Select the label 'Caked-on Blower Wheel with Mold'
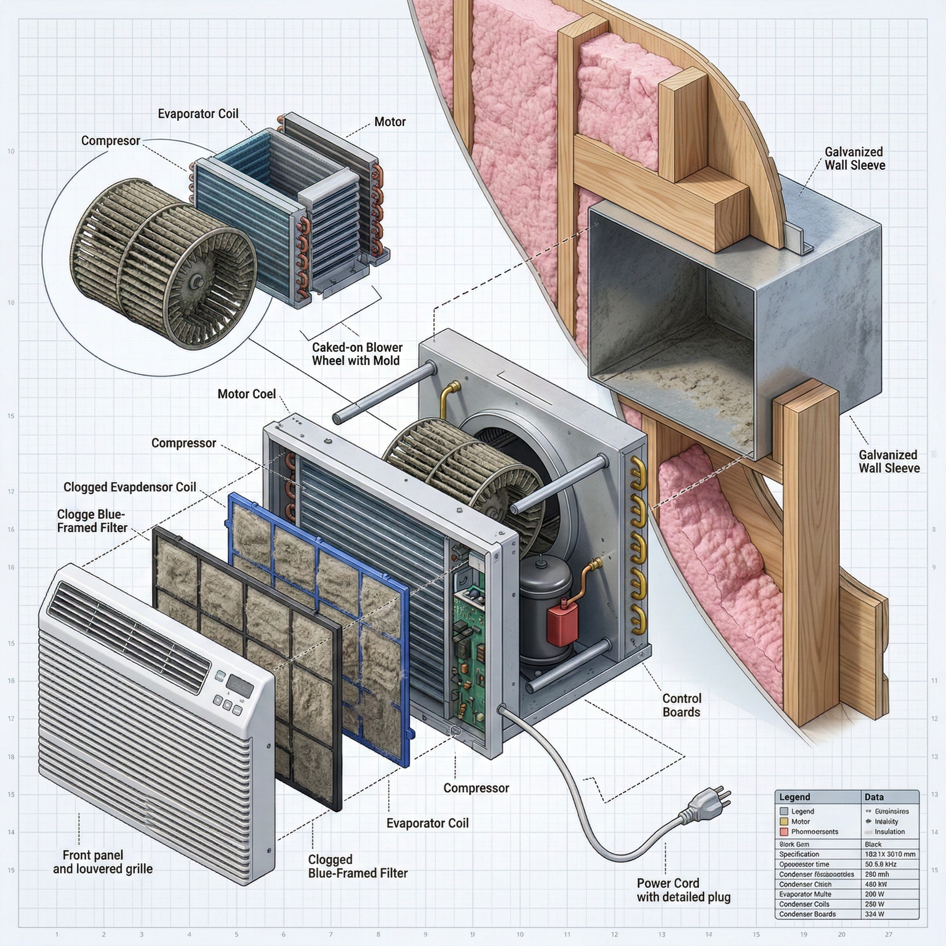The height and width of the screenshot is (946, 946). [357, 354]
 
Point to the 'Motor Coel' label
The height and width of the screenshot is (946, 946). [246, 394]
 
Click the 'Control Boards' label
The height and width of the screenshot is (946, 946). [682, 705]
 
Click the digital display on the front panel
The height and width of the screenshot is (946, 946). [240, 686]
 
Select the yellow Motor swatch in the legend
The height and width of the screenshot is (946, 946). [784, 821]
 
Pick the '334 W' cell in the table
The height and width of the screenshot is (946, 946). [874, 914]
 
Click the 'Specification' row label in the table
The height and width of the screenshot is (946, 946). [799, 854]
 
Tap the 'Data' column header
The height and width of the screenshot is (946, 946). [873, 797]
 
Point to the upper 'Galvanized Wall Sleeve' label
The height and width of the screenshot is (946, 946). [855, 158]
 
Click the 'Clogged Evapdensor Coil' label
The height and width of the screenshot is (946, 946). [130, 487]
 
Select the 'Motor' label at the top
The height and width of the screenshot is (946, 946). [390, 121]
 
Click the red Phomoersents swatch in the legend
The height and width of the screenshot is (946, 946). [784, 831]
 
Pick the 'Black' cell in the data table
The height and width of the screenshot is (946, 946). [873, 844]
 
